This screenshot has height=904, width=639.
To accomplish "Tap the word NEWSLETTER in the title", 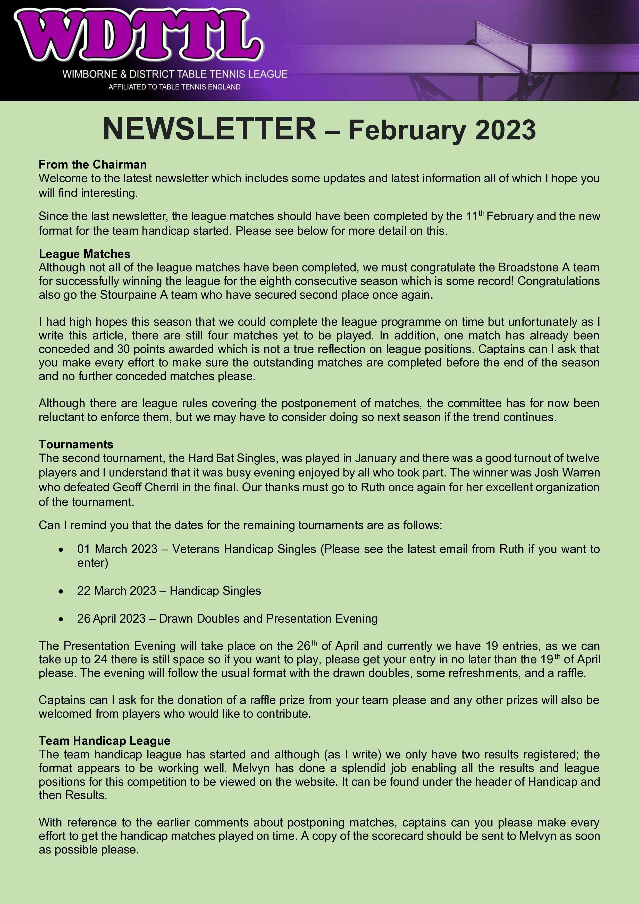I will (209, 129).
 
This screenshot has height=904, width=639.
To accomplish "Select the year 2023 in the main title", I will (505, 130).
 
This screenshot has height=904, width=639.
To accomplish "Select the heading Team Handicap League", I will (104, 741).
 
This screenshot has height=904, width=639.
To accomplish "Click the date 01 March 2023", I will (117, 549).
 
